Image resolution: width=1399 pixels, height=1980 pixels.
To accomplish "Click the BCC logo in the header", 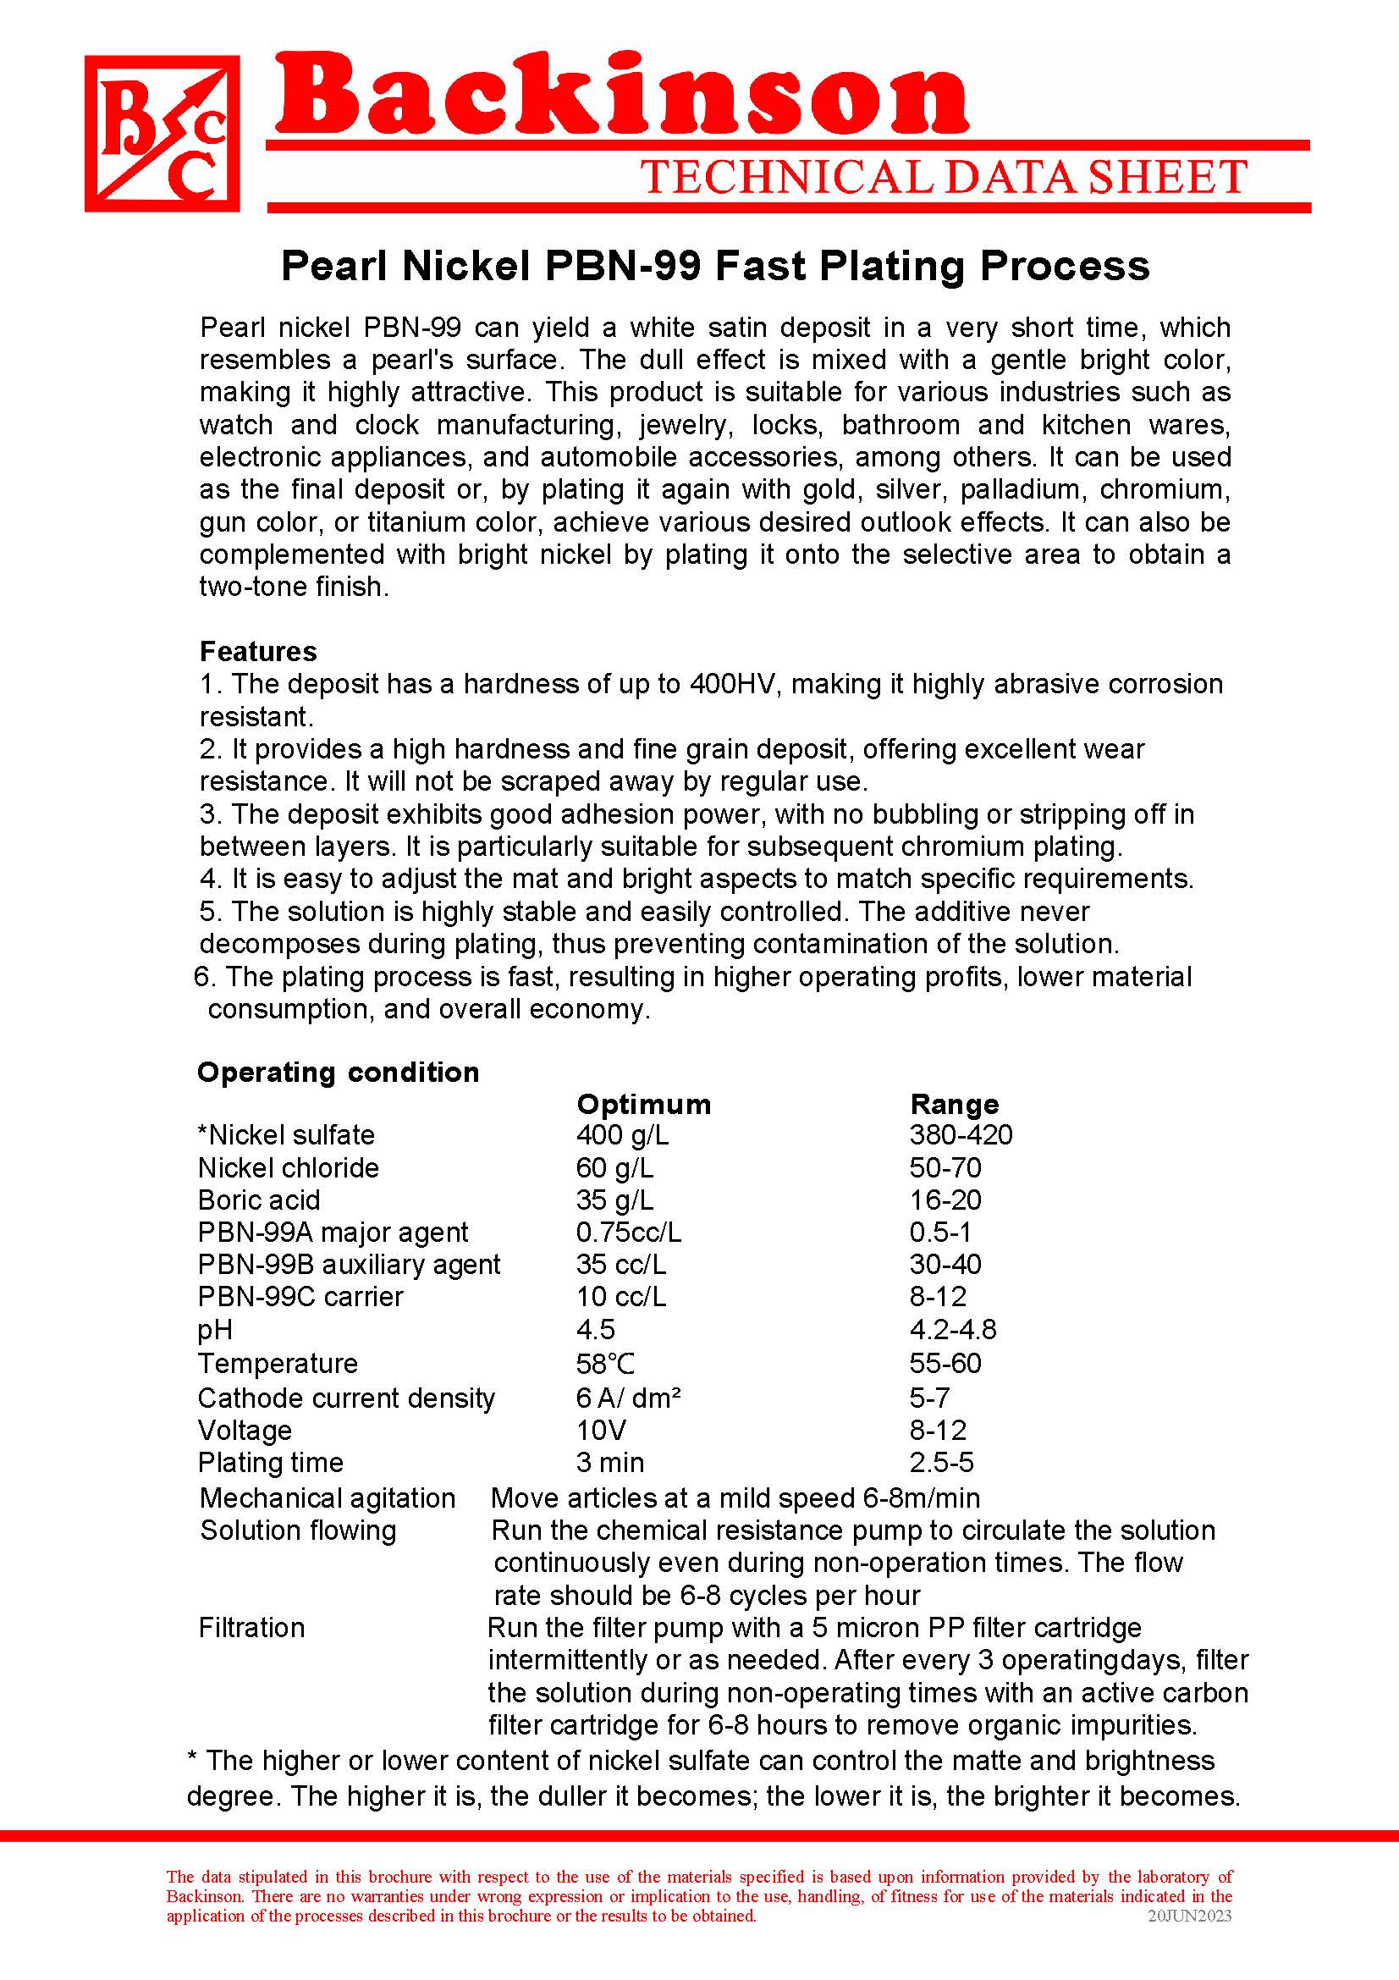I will click(x=162, y=134).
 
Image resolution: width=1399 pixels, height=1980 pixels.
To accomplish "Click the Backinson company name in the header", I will click(x=620, y=97).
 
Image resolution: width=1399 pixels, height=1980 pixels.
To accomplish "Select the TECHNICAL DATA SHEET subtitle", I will click(x=943, y=177).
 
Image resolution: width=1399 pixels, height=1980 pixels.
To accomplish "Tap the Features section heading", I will click(x=258, y=651).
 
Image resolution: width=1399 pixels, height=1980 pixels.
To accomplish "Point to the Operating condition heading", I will click(x=338, y=1072).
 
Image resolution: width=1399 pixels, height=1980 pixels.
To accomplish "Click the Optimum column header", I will click(x=643, y=1104).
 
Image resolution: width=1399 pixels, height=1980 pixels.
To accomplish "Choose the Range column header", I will click(x=954, y=1104).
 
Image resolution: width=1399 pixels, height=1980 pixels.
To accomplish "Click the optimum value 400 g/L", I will click(x=621, y=1135).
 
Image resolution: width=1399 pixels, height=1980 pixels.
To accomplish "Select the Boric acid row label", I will click(x=259, y=1200).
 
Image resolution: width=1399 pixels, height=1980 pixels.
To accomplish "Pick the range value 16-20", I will click(x=945, y=1200).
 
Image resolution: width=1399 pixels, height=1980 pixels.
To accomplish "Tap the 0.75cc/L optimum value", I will click(x=628, y=1233).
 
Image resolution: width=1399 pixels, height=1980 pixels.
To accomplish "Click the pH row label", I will click(x=215, y=1330).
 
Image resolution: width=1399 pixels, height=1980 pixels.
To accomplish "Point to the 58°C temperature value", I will click(x=605, y=1364).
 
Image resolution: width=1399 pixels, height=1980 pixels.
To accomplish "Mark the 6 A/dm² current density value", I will click(x=628, y=1398).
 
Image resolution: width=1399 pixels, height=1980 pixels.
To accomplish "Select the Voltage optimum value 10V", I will click(x=601, y=1430).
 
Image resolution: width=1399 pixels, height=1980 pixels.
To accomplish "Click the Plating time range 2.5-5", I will click(x=941, y=1463).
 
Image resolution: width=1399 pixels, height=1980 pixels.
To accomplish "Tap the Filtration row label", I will click(x=251, y=1628).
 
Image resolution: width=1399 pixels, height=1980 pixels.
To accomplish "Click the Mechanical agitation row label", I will click(x=328, y=1498).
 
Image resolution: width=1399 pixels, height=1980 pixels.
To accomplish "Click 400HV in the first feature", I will click(x=735, y=684).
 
